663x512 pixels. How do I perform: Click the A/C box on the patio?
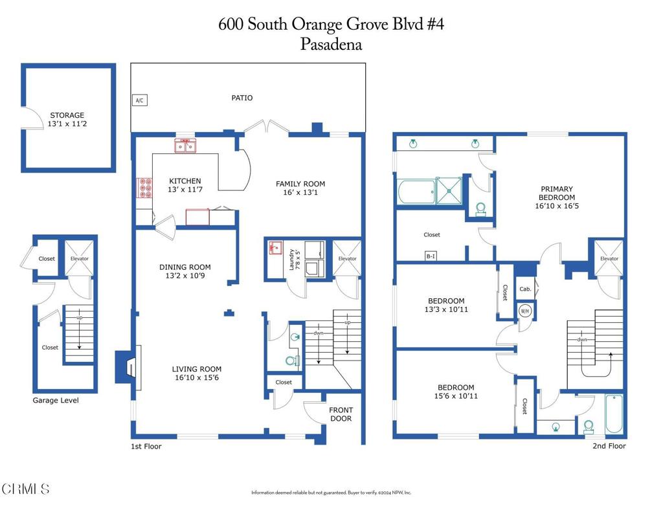(139, 100)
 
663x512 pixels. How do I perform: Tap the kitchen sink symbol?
(185, 147)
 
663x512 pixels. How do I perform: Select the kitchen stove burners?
(144, 188)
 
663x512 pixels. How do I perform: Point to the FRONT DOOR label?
(341, 414)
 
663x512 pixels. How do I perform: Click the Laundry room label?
(293, 259)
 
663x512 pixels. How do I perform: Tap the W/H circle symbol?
(525, 310)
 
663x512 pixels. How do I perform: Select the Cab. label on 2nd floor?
(525, 289)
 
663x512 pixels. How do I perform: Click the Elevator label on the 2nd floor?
(609, 259)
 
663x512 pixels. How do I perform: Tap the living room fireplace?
(127, 368)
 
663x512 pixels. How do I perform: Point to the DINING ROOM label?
(185, 267)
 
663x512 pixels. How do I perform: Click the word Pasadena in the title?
(331, 45)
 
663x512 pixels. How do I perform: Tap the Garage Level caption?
(56, 401)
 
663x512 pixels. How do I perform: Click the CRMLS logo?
(25, 489)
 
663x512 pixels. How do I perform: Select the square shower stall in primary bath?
(448, 190)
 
